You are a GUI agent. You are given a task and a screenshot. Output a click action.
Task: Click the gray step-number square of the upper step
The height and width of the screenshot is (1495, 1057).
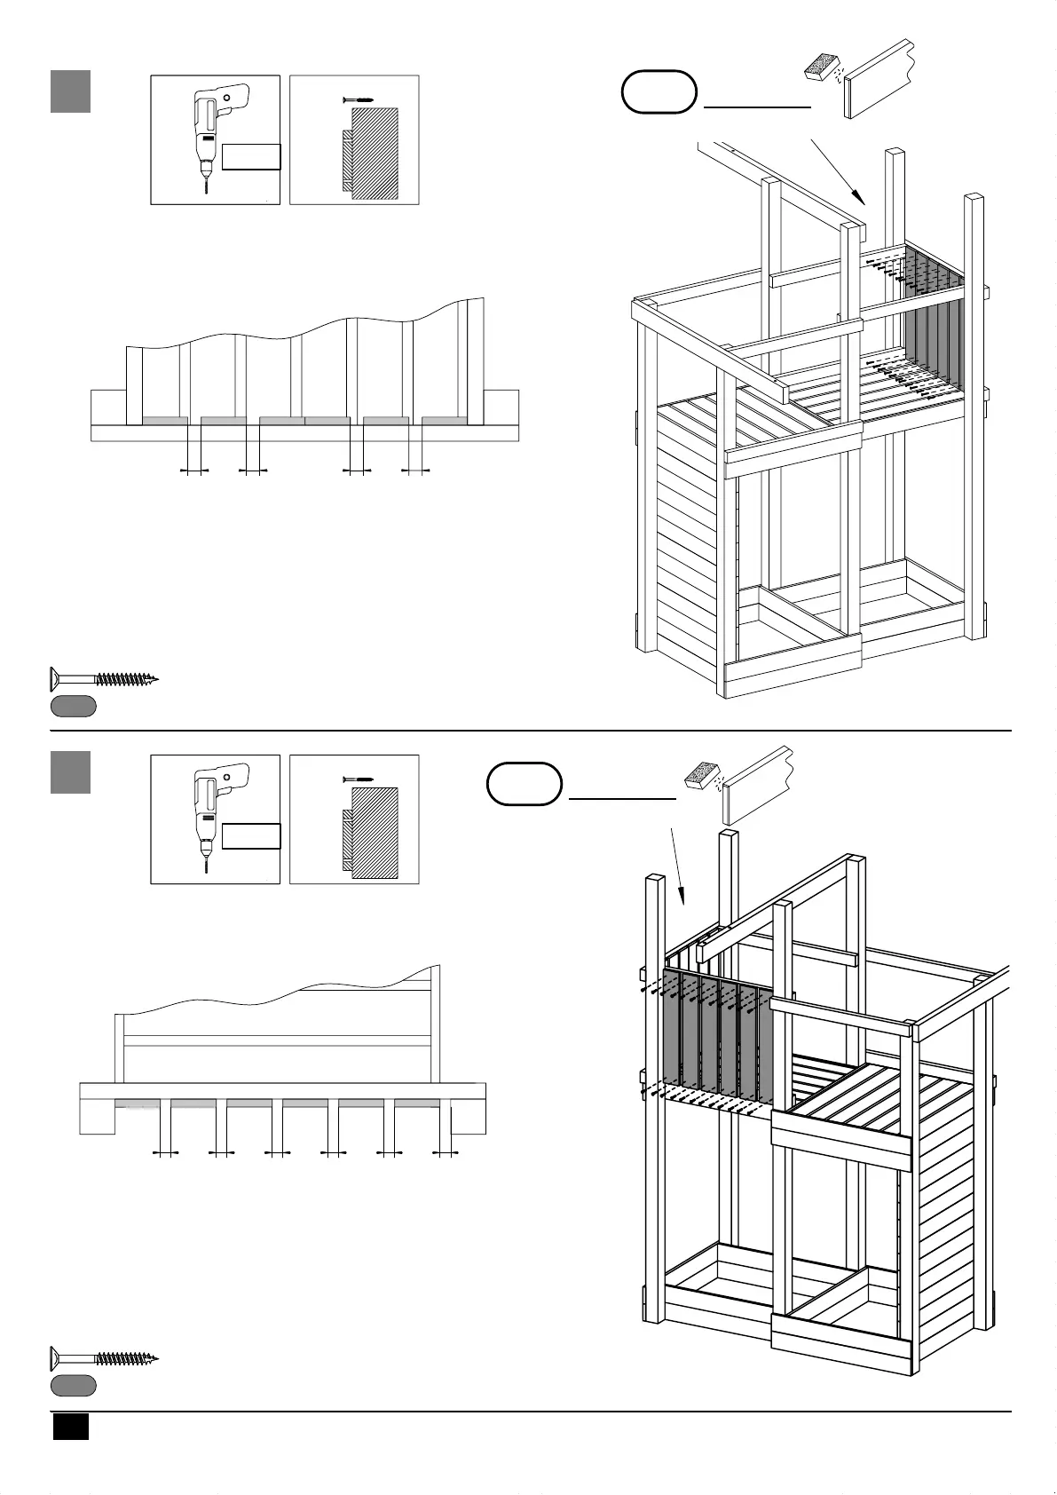[x=70, y=92]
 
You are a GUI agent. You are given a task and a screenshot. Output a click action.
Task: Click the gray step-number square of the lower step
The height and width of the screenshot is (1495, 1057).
[x=70, y=772]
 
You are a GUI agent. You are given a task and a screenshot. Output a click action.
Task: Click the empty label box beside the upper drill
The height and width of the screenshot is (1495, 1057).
[x=251, y=156]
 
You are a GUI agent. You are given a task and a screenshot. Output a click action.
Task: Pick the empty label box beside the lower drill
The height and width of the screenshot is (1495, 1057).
[x=251, y=836]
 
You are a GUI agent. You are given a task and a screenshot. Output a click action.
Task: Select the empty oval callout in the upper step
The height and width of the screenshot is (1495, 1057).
[x=659, y=91]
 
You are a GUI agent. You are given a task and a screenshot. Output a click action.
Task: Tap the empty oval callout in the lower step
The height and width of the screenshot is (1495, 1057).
[x=525, y=783]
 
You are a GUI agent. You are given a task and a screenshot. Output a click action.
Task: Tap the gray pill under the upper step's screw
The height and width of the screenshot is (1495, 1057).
[x=73, y=707]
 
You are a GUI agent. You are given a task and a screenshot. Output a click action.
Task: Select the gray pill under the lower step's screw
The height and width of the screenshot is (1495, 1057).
[x=73, y=1385]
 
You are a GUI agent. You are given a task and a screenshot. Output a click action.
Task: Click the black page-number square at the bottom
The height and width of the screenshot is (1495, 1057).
[x=70, y=1426]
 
